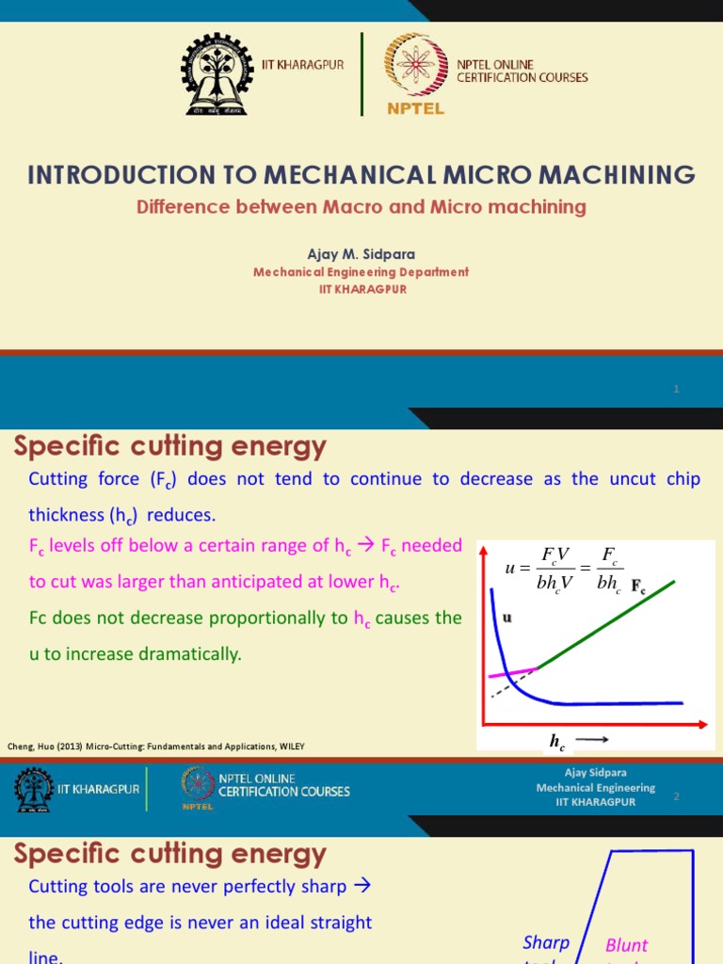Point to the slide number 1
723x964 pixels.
(x=676, y=389)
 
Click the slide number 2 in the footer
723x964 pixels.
(x=676, y=796)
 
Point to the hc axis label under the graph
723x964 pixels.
(x=558, y=743)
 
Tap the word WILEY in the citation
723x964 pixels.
(x=289, y=747)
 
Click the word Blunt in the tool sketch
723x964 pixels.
(x=626, y=945)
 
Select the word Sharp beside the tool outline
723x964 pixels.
(x=546, y=942)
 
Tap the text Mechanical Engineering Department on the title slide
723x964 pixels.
(x=361, y=272)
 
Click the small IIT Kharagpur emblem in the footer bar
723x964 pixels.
(x=33, y=790)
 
